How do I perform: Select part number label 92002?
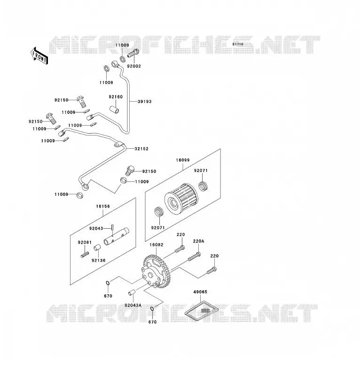click(134, 66)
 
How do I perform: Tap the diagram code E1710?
click(238, 44)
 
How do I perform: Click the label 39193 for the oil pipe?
click(144, 101)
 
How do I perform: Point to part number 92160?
click(116, 96)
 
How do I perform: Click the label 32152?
click(141, 149)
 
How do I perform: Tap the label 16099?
click(183, 160)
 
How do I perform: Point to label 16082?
click(157, 245)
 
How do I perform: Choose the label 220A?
click(199, 241)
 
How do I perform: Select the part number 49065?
click(200, 292)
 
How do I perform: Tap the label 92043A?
click(133, 305)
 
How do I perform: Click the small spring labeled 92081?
click(85, 255)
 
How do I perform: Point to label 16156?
click(103, 206)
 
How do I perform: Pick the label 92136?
click(98, 260)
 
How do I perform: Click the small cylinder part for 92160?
click(114, 110)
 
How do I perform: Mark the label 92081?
click(85, 242)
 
